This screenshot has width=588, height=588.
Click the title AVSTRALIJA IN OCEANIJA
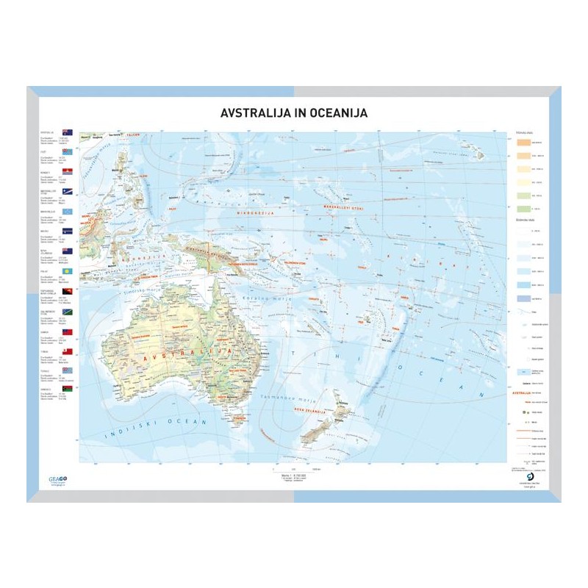294,113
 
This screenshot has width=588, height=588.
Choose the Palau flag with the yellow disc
69,271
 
